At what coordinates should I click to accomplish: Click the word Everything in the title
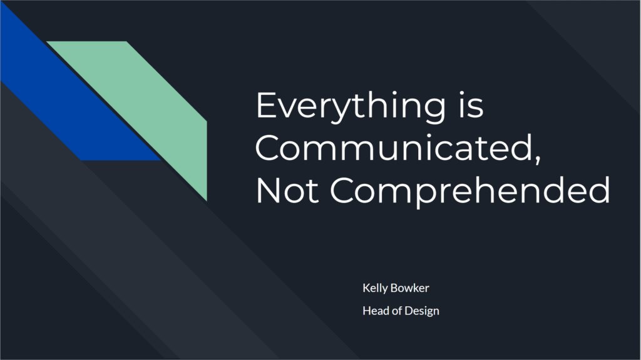(x=351, y=106)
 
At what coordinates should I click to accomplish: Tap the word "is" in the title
(x=471, y=104)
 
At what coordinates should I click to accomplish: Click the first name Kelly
(x=375, y=288)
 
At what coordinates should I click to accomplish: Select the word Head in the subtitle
(x=376, y=311)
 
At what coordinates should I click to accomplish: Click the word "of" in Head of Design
(x=396, y=311)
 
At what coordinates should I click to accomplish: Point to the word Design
(x=422, y=311)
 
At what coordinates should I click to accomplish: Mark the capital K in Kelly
(x=366, y=287)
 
